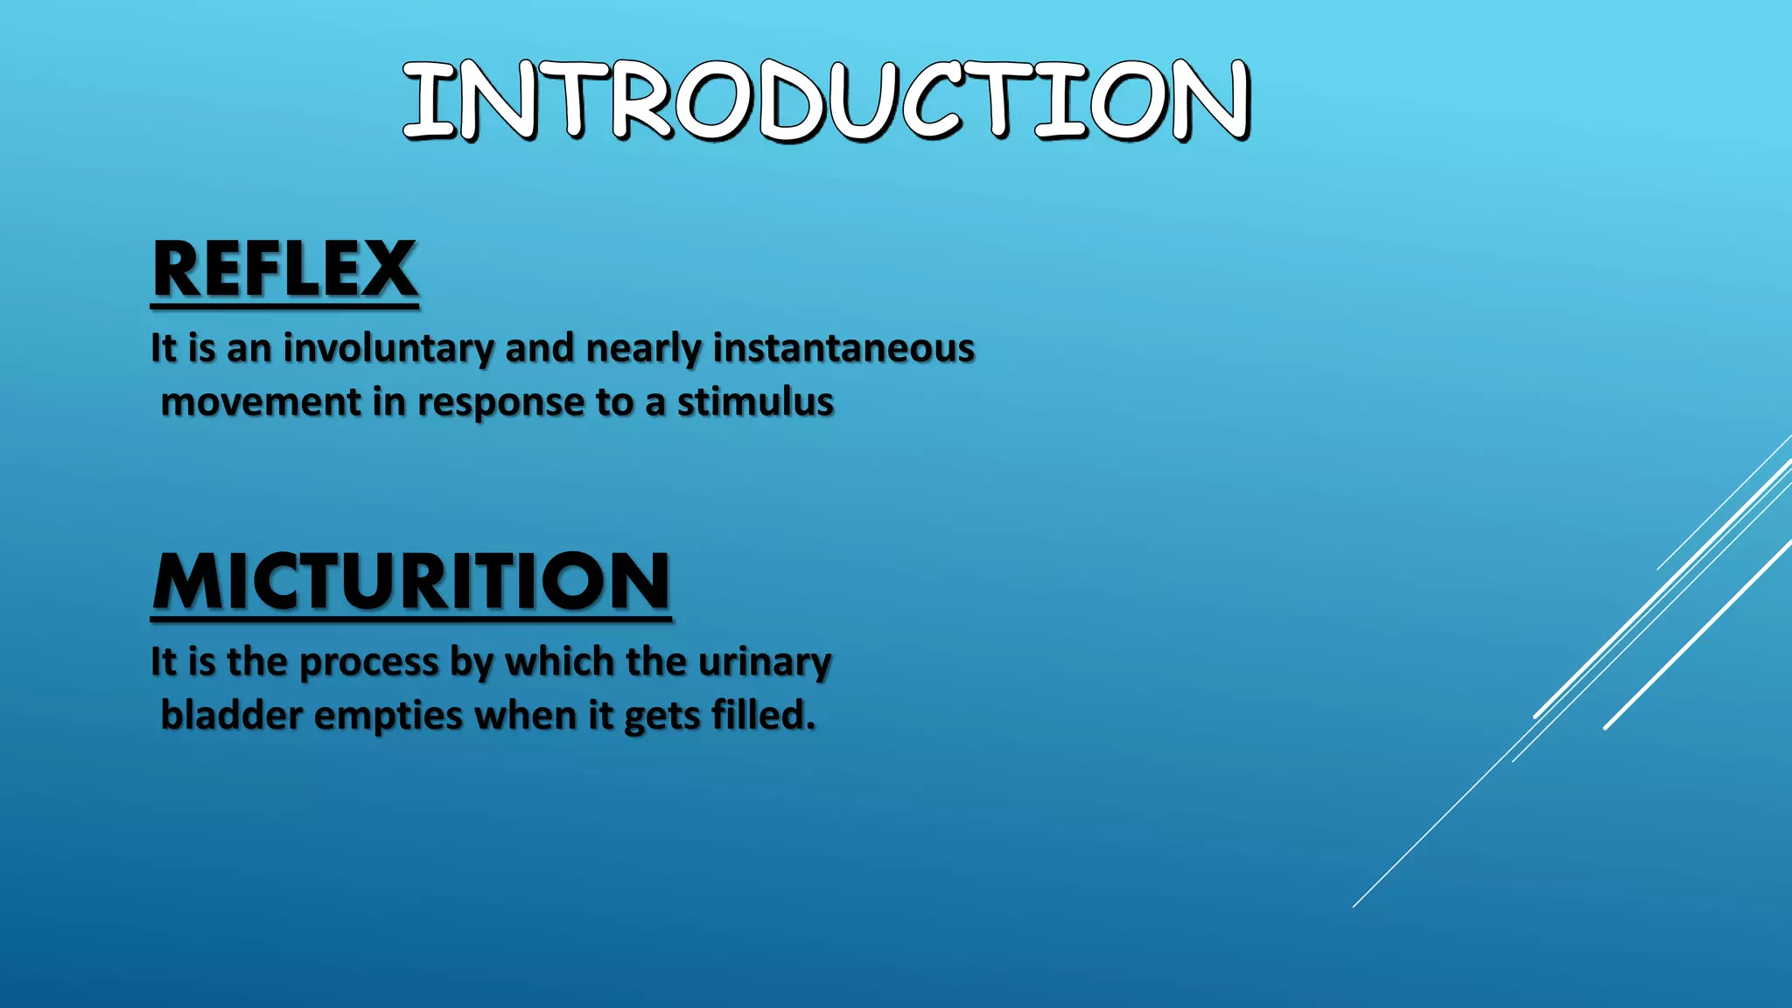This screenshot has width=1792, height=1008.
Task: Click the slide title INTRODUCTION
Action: pos(826,100)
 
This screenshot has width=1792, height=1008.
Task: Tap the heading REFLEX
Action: pos(284,269)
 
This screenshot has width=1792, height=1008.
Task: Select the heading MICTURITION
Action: pos(410,582)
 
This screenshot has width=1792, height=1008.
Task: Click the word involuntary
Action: pos(388,349)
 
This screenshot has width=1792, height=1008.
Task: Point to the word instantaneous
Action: pos(843,348)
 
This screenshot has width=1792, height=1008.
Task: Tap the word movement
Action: pos(261,402)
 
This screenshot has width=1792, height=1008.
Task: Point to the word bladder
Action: pos(232,716)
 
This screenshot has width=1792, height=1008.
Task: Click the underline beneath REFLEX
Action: pos(284,306)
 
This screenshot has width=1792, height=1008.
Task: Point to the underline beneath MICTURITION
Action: pos(410,619)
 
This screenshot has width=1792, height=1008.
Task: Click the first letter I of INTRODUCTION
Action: pos(429,101)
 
